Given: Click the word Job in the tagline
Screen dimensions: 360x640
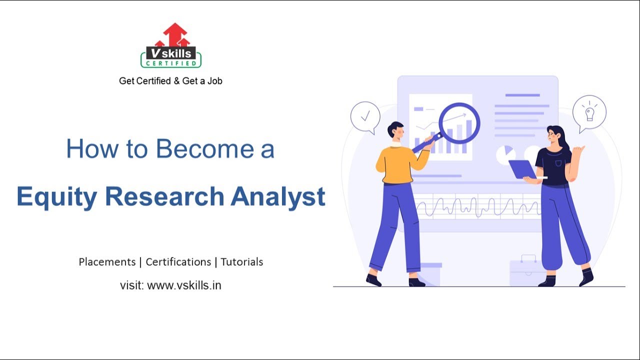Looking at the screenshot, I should click(x=214, y=80).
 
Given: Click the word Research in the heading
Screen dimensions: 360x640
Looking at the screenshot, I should click(x=164, y=196).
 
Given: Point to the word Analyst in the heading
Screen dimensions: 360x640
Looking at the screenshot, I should click(x=278, y=196).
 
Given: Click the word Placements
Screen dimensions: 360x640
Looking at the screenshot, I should click(x=107, y=262).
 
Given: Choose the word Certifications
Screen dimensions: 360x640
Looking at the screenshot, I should click(x=178, y=262).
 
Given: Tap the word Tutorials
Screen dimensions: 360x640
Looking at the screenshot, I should click(x=242, y=262).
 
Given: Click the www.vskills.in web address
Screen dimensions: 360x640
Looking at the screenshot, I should click(x=184, y=285).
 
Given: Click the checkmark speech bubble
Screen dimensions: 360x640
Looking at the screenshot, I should click(x=365, y=117).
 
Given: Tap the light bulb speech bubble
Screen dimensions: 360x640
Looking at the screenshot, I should click(x=589, y=112).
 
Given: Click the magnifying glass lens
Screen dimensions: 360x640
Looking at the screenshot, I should click(x=459, y=123).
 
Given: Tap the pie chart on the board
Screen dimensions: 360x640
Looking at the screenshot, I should click(x=506, y=154).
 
